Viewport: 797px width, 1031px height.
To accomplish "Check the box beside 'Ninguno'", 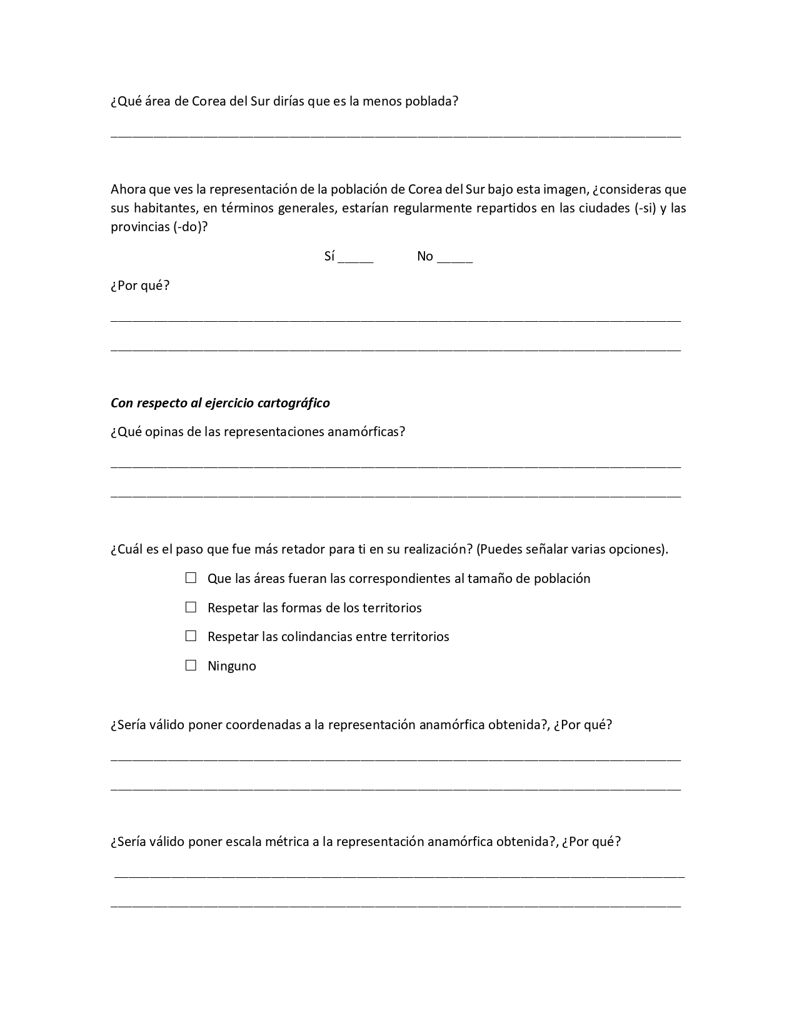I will click(x=191, y=665).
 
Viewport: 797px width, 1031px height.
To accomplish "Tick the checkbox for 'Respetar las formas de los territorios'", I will click(x=191, y=607).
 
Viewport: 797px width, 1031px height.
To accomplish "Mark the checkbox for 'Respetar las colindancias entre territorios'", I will click(x=191, y=636).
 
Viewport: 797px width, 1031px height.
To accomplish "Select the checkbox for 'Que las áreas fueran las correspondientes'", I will click(x=191, y=578).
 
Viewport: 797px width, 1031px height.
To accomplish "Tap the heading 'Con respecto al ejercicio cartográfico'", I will click(x=220, y=403).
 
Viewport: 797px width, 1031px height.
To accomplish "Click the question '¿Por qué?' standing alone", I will click(x=140, y=286).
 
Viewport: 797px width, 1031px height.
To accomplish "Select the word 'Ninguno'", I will click(x=232, y=666).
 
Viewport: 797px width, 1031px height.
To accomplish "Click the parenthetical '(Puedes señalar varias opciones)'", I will click(x=572, y=549).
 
